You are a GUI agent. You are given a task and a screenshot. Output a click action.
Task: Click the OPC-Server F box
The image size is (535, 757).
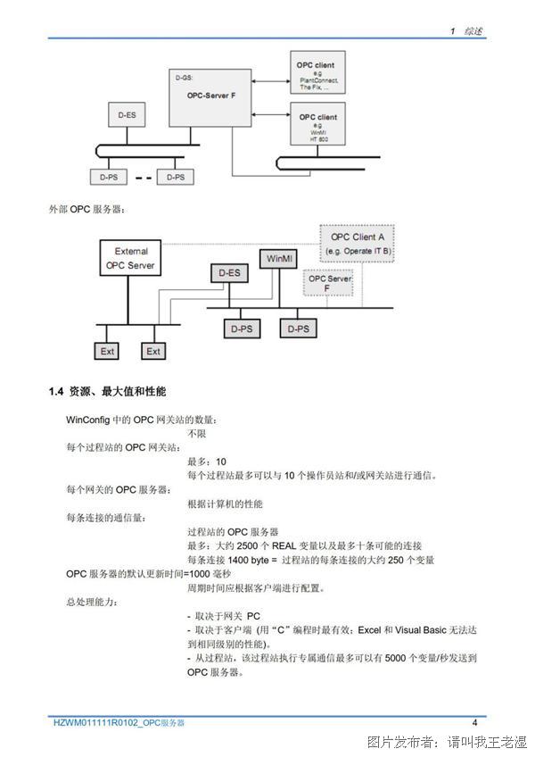pos(210,97)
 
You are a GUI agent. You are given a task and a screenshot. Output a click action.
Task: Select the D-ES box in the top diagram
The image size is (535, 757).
pos(127,115)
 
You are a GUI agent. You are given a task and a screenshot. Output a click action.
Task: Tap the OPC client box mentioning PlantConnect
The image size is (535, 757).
pos(318,72)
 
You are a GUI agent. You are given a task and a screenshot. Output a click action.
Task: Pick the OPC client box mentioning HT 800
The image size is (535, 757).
pos(318,123)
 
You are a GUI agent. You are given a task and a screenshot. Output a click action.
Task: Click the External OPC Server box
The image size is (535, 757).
pos(130,258)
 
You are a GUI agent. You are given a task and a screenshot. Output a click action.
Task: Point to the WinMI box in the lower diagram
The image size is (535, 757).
pos(279,259)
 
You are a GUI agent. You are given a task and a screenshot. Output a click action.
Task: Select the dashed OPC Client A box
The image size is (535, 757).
pos(358,244)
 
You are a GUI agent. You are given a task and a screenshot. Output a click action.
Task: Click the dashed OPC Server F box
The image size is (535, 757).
pos(328,283)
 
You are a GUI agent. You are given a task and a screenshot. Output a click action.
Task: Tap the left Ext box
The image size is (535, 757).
pos(107,351)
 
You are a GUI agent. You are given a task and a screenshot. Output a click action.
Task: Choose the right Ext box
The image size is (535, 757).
pos(153,351)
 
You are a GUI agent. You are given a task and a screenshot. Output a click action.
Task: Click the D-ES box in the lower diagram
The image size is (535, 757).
pos(230,273)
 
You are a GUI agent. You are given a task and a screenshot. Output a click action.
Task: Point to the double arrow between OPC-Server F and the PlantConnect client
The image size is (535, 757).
pos(271,81)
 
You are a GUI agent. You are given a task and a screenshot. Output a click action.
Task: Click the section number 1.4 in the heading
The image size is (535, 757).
pos(56,392)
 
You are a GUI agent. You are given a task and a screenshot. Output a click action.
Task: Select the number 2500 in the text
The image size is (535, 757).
pos(248,546)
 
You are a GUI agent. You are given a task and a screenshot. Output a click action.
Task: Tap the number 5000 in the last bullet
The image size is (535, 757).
pos(395,658)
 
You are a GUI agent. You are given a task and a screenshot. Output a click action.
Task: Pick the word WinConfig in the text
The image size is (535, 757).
pos(87,420)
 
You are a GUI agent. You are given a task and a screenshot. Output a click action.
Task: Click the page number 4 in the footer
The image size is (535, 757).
pos(474,723)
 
